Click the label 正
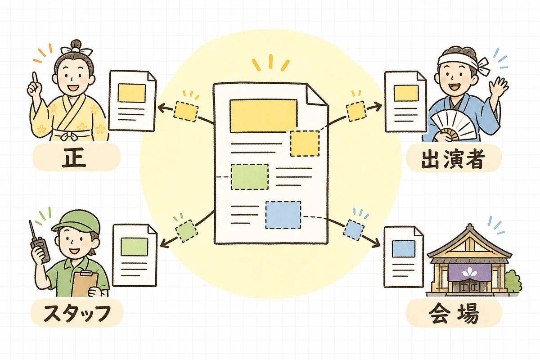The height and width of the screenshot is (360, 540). point(74,157)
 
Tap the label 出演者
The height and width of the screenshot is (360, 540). point(453,159)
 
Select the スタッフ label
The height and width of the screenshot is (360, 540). point(77,313)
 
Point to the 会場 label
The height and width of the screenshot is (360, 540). point(454,314)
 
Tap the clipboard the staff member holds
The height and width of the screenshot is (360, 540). point(85,284)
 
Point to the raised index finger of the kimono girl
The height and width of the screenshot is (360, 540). point(35,80)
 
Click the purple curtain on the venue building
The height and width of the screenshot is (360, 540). point(470,272)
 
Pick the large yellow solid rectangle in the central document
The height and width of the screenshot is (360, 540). point(264,116)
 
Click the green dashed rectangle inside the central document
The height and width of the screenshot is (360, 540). point(249,177)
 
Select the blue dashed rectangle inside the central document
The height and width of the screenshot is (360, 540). point(283,215)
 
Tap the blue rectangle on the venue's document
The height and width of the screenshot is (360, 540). point(404,249)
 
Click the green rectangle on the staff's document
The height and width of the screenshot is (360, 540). point(134,247)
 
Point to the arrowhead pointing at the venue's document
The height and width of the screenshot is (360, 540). point(376,244)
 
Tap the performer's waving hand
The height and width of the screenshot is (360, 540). point(499,86)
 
